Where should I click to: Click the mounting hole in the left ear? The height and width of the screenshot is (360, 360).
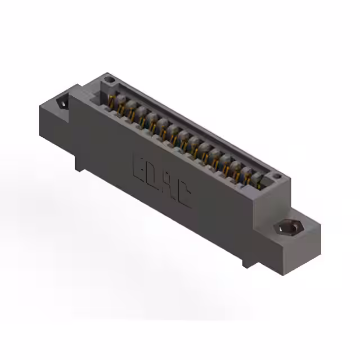(62, 103)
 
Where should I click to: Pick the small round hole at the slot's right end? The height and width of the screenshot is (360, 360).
(275, 178)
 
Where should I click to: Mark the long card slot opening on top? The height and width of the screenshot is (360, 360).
(186, 135)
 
